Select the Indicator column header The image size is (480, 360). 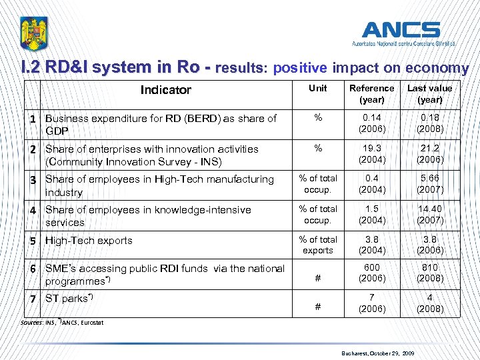click(166, 90)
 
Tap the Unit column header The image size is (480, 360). click(318, 88)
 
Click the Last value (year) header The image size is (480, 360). click(429, 94)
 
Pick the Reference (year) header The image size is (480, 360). click(371, 94)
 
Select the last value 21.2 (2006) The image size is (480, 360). click(429, 155)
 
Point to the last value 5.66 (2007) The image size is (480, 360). click(429, 185)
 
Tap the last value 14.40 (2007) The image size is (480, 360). click(429, 215)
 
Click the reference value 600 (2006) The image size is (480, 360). click(371, 273)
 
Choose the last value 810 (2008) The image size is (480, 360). click(429, 273)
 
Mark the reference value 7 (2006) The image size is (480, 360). click(371, 303)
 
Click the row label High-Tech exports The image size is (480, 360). click(89, 241)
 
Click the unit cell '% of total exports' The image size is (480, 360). click(318, 245)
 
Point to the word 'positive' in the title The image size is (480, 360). click(300, 68)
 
